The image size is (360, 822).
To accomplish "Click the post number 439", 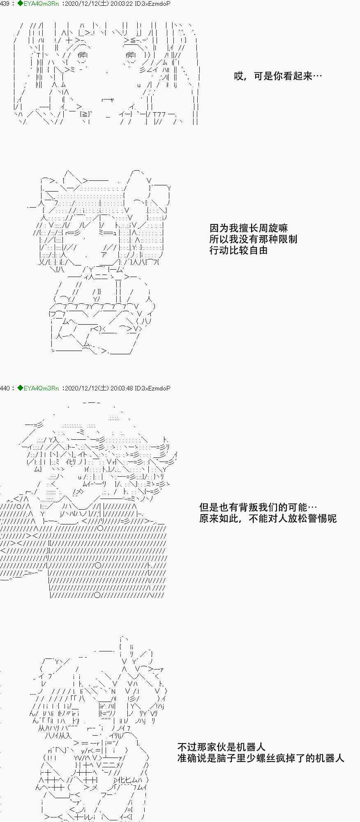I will (5, 4).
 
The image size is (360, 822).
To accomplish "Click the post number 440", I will (5, 388).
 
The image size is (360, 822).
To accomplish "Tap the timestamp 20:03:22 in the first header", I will (122, 4).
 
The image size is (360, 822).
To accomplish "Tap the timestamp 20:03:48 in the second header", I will (122, 388).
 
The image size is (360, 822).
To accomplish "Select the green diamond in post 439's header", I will (20, 4).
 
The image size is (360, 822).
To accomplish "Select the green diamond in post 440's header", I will (20, 388).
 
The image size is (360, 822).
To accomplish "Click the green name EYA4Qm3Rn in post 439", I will (41, 4).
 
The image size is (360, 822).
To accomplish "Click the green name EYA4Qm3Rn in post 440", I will (41, 388).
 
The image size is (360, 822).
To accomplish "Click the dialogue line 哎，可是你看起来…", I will (278, 76).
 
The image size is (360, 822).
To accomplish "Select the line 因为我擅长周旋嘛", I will (249, 228).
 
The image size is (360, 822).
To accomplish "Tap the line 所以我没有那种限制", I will (253, 239).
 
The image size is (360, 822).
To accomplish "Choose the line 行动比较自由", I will (238, 250).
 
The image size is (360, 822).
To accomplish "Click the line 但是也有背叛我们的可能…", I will (258, 508).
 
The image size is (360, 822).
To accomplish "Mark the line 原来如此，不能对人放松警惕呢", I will (268, 519).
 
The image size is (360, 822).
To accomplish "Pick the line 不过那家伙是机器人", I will (221, 747).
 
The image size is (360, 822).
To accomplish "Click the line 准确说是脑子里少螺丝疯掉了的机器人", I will (261, 758).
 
